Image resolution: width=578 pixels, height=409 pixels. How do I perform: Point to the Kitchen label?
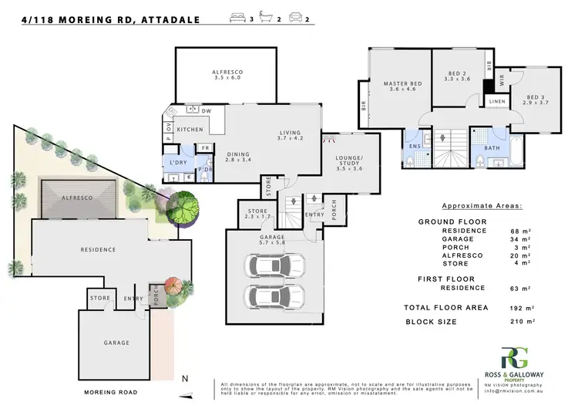(190, 129)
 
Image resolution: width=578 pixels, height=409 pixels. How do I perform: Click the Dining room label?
(239, 157)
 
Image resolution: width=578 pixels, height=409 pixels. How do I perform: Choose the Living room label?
(291, 136)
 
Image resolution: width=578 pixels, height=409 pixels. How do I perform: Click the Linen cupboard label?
(497, 101)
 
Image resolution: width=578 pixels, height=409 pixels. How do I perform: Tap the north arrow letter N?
(183, 379)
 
